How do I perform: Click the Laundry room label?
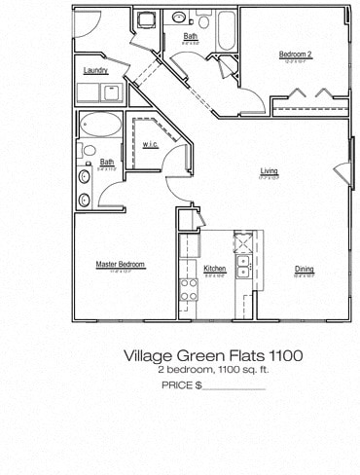(95, 70)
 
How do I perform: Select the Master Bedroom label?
(121, 264)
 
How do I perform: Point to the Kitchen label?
(215, 269)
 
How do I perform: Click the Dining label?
(305, 270)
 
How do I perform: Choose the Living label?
(269, 171)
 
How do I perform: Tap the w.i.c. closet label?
(150, 145)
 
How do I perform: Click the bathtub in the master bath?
(101, 126)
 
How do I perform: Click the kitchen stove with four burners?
(188, 288)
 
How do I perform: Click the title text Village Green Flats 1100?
(212, 356)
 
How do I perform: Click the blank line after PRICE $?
(233, 387)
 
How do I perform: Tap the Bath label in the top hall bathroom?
(190, 37)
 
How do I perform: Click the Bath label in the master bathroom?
(107, 163)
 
